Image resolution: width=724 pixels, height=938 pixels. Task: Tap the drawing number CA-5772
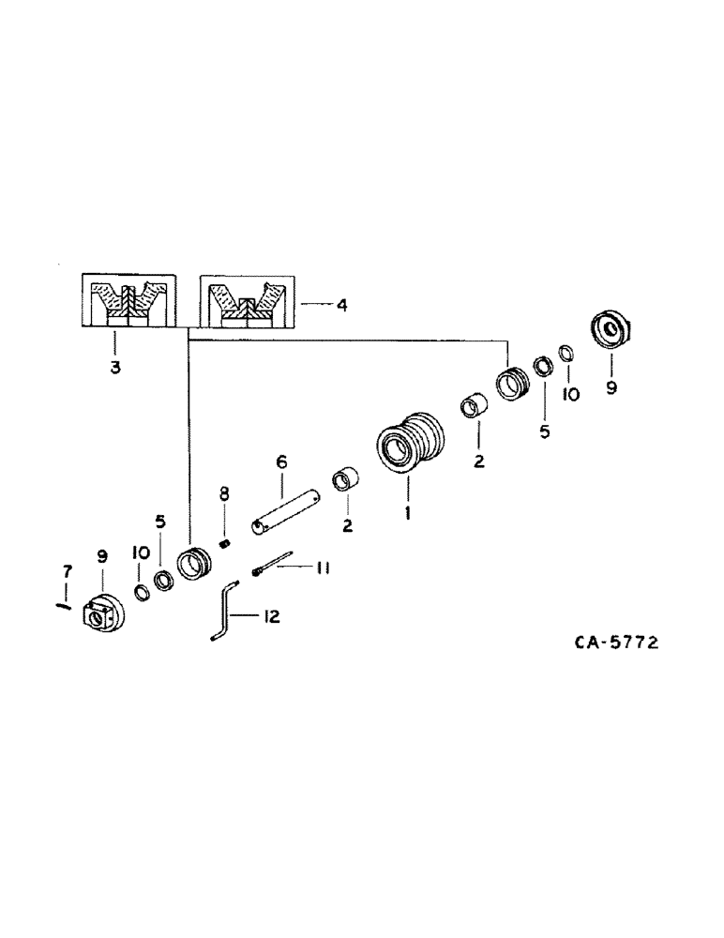click(x=616, y=643)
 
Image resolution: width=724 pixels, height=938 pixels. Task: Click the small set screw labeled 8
click(x=224, y=544)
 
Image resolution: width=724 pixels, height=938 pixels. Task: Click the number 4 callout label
click(x=341, y=305)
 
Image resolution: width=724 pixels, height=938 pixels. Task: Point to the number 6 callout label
click(x=280, y=461)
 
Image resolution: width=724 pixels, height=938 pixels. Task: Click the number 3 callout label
click(x=114, y=369)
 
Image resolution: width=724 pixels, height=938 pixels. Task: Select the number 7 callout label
click(x=66, y=569)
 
